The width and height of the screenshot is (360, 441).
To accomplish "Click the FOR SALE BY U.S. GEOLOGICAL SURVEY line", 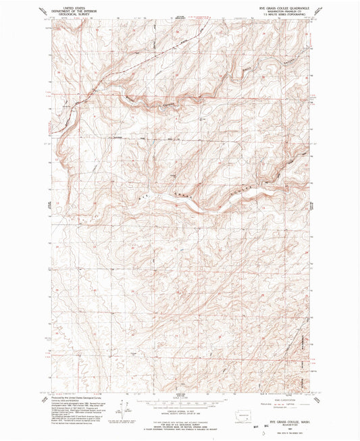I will pos(179,423).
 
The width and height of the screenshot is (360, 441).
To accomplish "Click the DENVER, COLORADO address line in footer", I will pos(179,425).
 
